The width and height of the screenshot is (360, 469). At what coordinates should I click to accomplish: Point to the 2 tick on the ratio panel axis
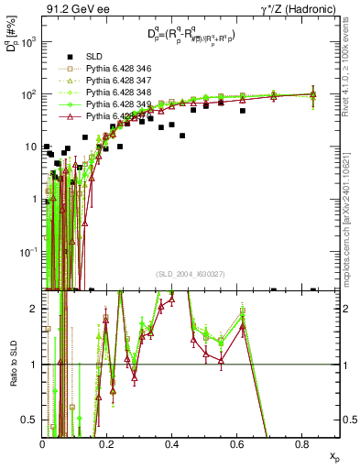point(36,309)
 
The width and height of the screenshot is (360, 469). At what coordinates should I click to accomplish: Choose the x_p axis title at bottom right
point(334,455)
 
